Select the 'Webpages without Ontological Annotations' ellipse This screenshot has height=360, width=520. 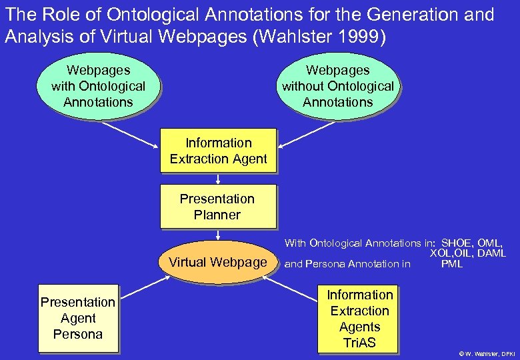pyautogui.click(x=337, y=86)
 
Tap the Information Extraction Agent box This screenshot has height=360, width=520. pyautogui.click(x=218, y=151)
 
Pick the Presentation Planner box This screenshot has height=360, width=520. pyautogui.click(x=217, y=207)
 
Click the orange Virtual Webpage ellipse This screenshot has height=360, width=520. pyautogui.click(x=218, y=262)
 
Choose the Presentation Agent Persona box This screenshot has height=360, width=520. pyautogui.click(x=77, y=318)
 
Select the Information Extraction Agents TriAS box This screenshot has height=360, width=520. pyautogui.click(x=359, y=319)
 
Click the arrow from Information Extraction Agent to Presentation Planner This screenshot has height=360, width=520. pyautogui.click(x=218, y=179)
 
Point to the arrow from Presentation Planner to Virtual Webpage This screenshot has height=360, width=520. pyautogui.click(x=218, y=235)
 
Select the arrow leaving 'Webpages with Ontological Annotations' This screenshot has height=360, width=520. pyautogui.click(x=130, y=135)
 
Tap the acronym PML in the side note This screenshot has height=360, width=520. pyautogui.click(x=451, y=264)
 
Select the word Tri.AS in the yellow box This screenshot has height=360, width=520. pyautogui.click(x=359, y=343)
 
